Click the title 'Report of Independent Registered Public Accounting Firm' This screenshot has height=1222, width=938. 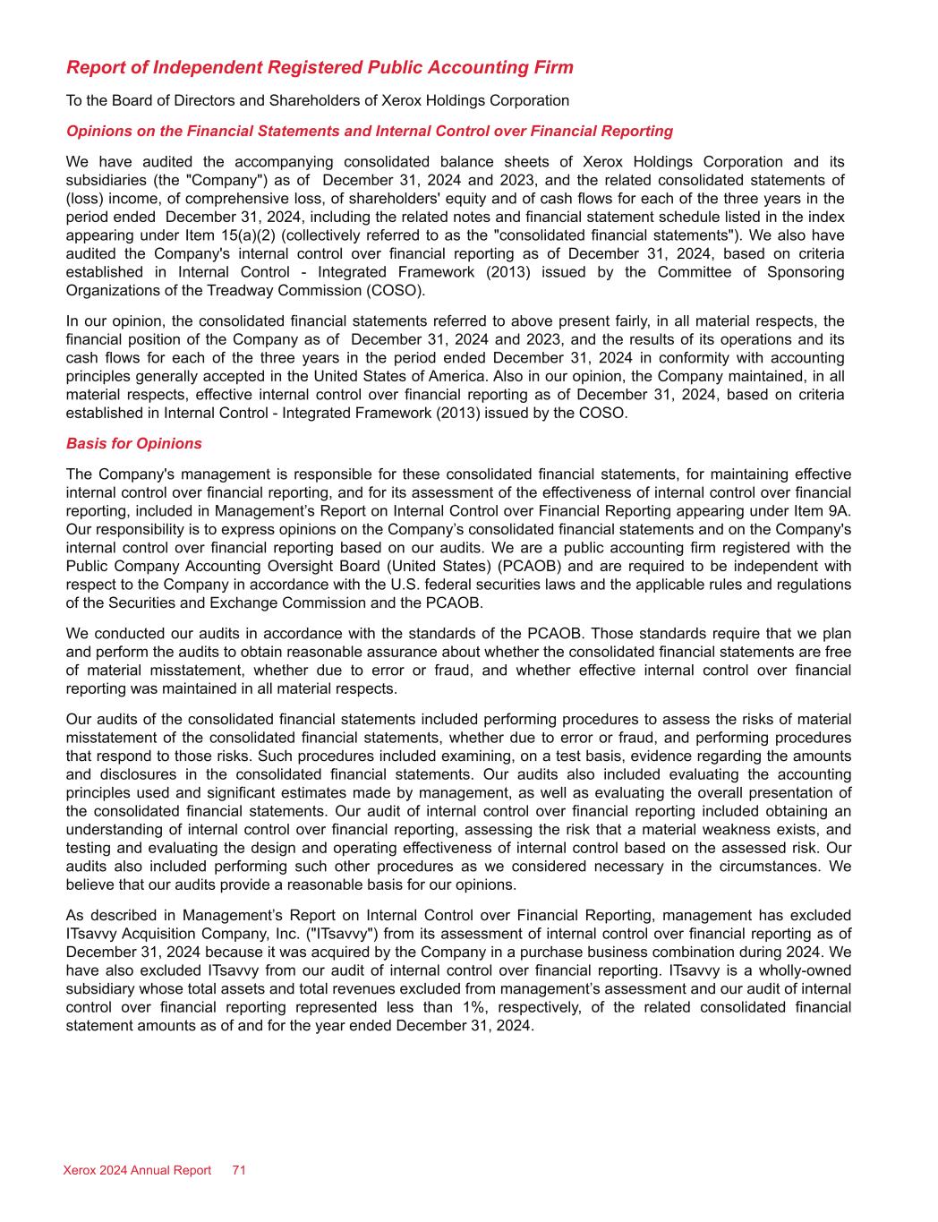(320, 68)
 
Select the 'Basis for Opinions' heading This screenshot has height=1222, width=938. (134, 444)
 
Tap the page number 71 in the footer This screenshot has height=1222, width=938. (239, 1170)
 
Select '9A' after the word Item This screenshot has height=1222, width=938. (841, 510)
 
